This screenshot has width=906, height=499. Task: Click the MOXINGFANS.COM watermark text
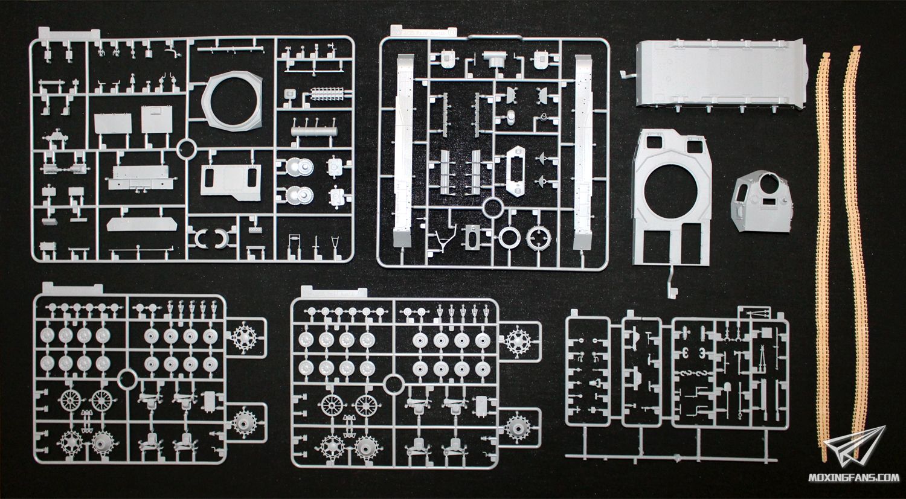[x=853, y=478]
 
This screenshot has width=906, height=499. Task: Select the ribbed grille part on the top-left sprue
[x=327, y=95]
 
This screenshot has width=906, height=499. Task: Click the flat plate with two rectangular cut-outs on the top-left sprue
[x=231, y=182]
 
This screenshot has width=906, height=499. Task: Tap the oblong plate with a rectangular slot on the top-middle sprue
[x=516, y=171]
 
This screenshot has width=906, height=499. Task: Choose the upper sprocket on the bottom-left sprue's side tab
[x=245, y=337]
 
